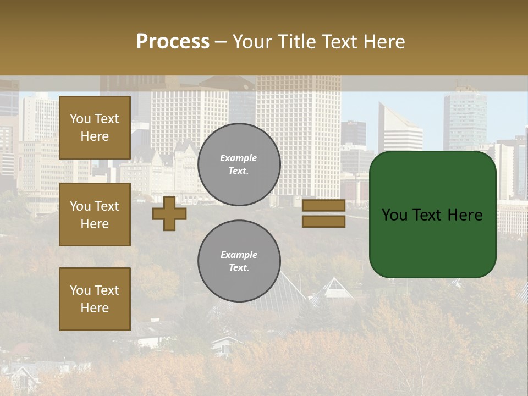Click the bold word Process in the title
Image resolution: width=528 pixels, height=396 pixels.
pos(173,42)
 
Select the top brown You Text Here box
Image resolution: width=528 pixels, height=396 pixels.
pos(95,128)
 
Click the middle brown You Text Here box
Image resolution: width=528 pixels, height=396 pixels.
pos(95,215)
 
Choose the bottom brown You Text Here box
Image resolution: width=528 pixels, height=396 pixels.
pos(95,299)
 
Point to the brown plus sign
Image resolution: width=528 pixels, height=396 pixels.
pos(169,213)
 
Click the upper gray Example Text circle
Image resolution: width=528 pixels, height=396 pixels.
pos(239,164)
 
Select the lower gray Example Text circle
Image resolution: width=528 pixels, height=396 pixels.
pos(239,261)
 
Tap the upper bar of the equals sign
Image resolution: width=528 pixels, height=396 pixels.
pos(323,206)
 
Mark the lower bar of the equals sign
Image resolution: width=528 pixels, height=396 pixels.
pos(323,222)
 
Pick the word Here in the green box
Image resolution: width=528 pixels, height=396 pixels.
pos(465,215)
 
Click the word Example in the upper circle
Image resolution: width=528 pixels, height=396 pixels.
pos(239,158)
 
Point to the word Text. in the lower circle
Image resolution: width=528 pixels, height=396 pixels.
pos(239,267)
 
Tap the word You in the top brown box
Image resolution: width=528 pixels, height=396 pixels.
pos(80,119)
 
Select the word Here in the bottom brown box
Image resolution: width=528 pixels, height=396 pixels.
pos(95,308)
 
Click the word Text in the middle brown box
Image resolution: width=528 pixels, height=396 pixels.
pos(107,206)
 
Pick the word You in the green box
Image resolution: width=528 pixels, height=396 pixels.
pos(394,215)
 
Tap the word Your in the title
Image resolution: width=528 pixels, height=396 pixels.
pos(251,42)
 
